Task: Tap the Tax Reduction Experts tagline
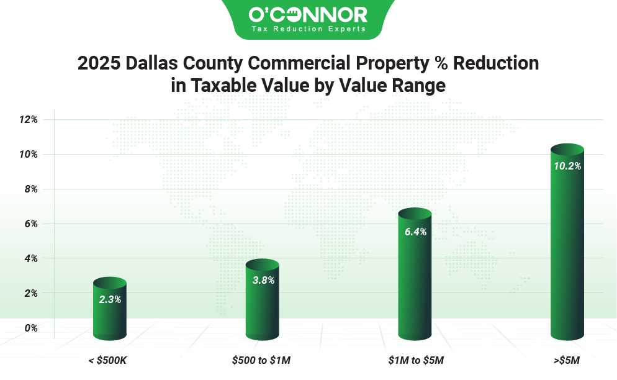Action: coord(308,29)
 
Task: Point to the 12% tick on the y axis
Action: coord(28,119)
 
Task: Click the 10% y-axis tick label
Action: coord(28,154)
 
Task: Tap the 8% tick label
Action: coord(29,189)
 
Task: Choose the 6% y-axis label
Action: coord(29,224)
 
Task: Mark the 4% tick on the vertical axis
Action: coord(29,258)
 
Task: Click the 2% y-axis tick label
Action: coord(29,293)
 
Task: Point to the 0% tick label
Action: coord(29,328)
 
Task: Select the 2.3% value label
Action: coord(110,299)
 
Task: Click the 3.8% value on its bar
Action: coord(263,280)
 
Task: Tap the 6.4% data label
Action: coord(415,232)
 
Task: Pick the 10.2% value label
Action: coord(567,166)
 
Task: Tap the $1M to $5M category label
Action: coord(416,360)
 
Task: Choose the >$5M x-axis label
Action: coord(567,360)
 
